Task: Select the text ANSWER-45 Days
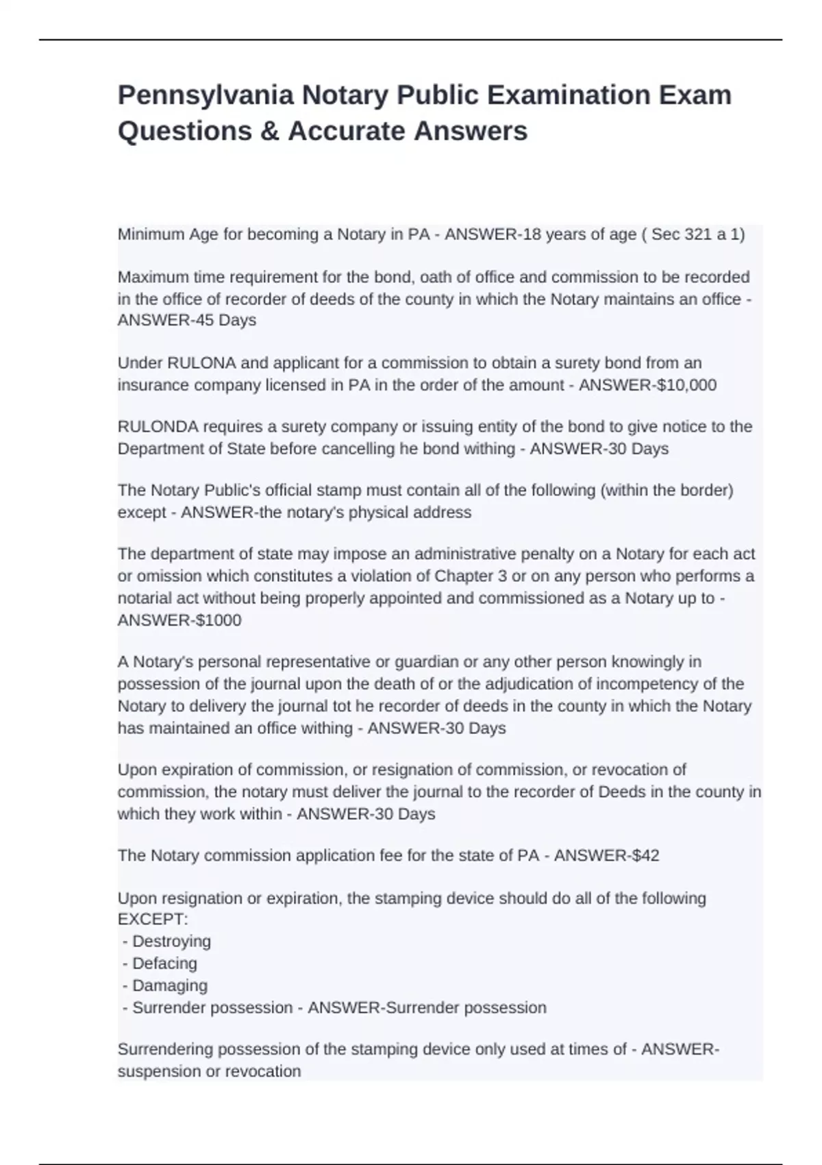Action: click(187, 321)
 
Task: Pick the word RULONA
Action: click(195, 363)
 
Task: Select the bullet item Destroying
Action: click(171, 942)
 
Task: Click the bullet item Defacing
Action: click(164, 964)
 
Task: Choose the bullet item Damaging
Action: click(170, 985)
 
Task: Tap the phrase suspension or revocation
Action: click(209, 1072)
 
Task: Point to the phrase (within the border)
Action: click(667, 491)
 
